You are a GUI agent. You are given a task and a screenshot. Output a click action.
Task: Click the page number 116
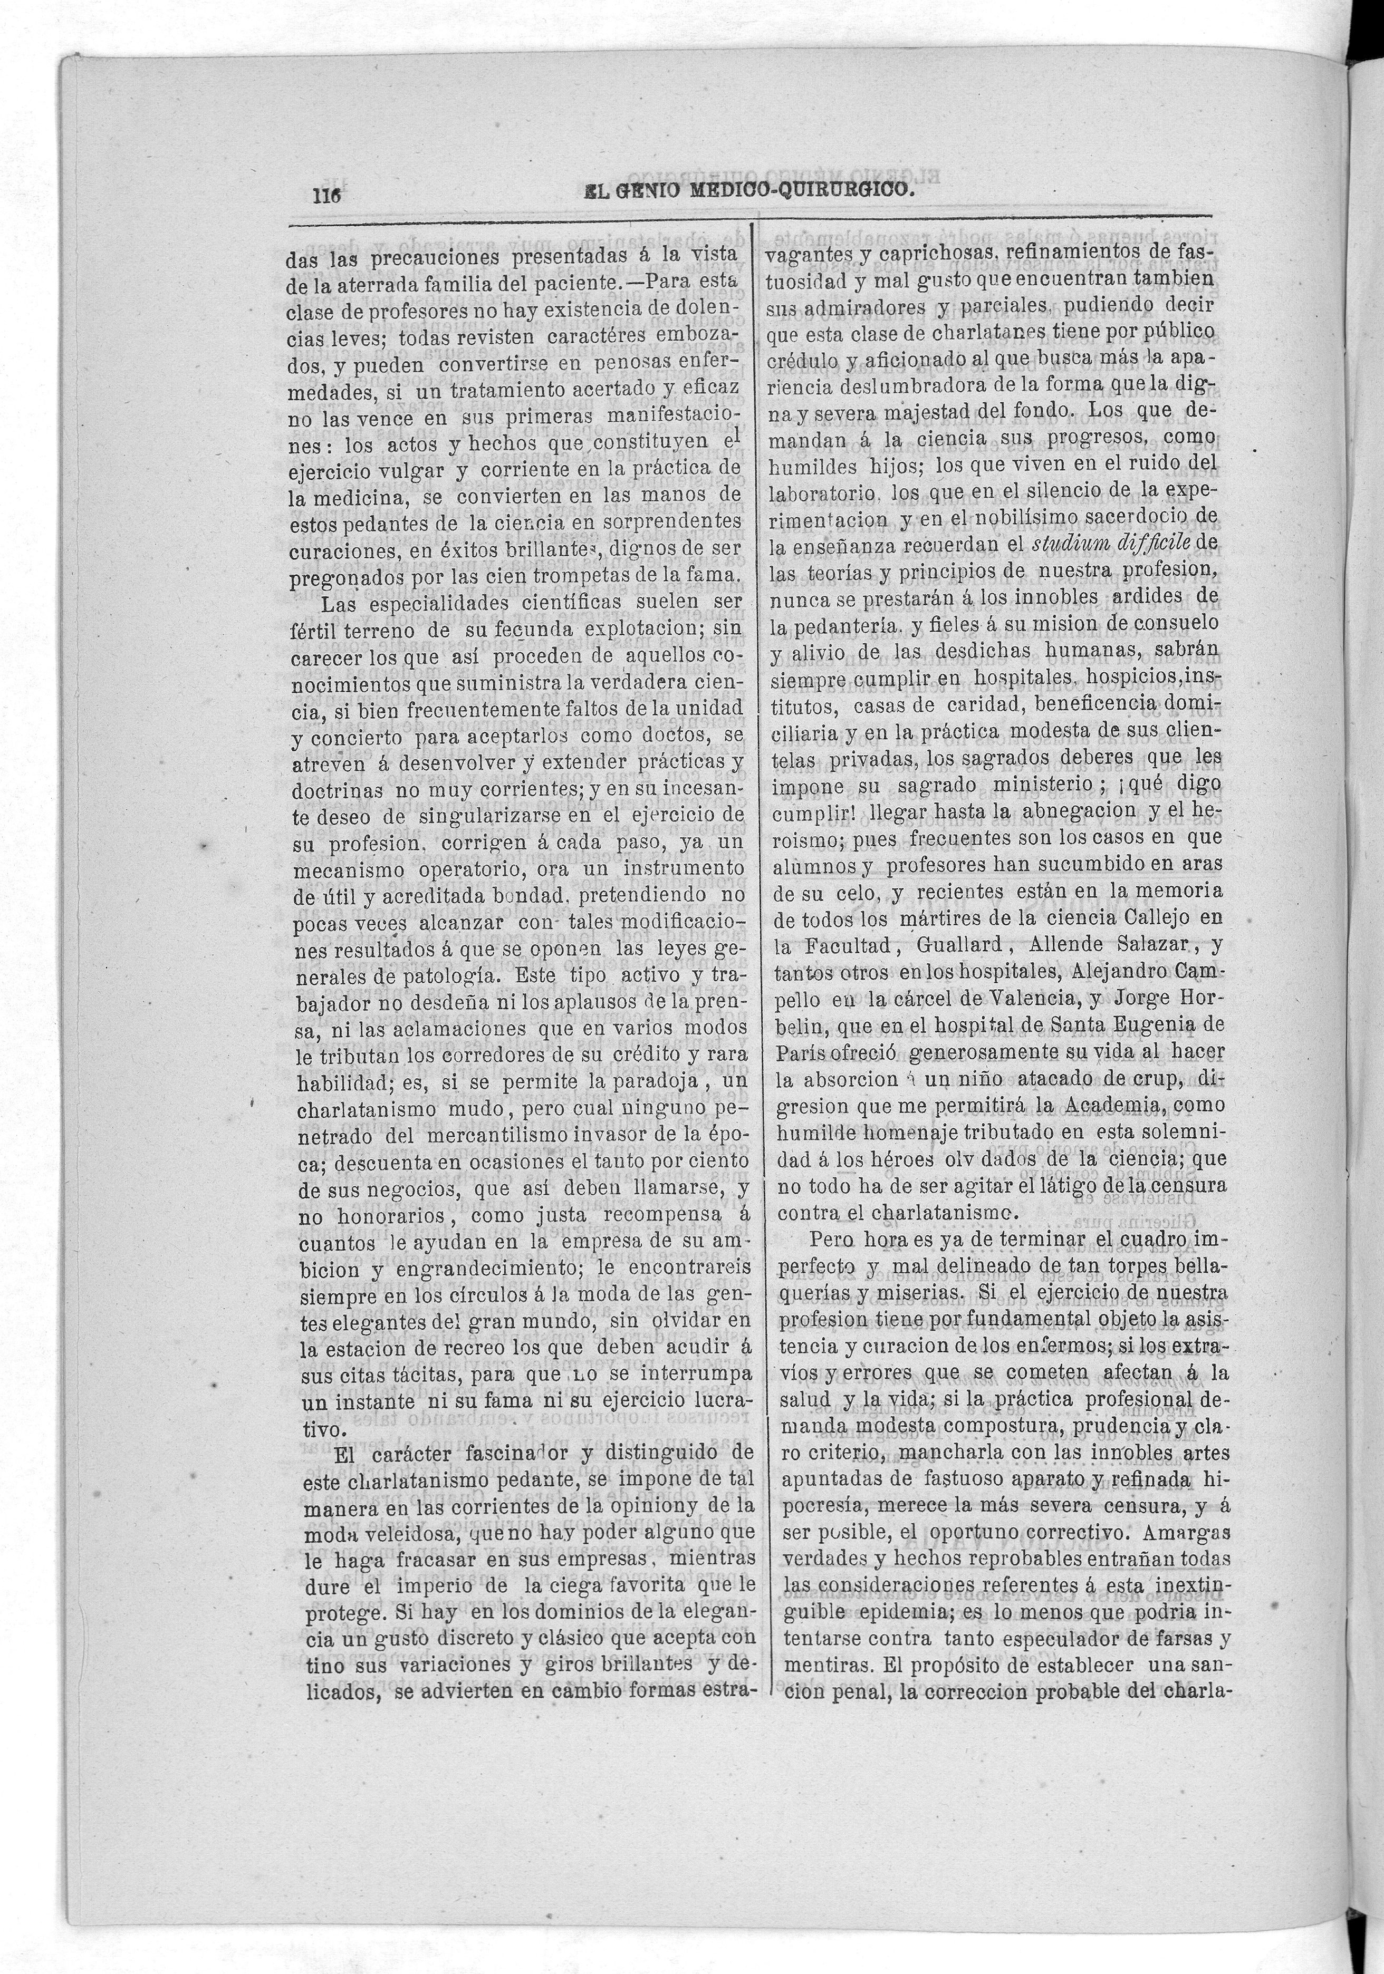pos(327,195)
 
